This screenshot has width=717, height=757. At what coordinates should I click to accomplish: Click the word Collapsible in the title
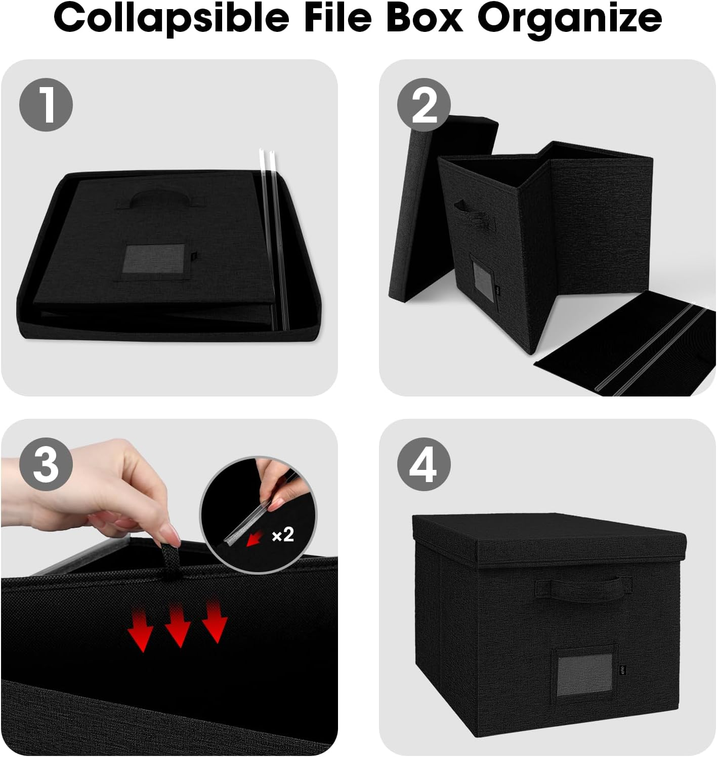[x=171, y=18]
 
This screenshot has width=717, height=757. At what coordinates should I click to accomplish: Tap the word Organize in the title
[x=570, y=18]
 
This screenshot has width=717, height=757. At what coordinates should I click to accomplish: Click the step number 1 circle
[x=46, y=105]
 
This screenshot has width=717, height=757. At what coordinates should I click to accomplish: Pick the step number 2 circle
[x=424, y=105]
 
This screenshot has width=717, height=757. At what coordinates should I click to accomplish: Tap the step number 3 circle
[x=46, y=464]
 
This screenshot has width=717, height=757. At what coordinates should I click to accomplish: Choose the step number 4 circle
[x=424, y=464]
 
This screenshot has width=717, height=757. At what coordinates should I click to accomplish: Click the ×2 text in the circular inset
[x=282, y=534]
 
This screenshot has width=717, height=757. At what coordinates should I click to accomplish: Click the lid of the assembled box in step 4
[x=549, y=539]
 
